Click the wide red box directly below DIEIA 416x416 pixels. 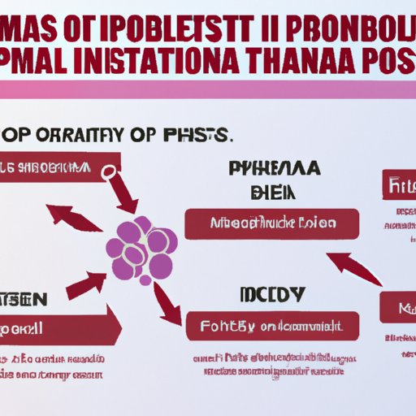coord(271,223)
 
